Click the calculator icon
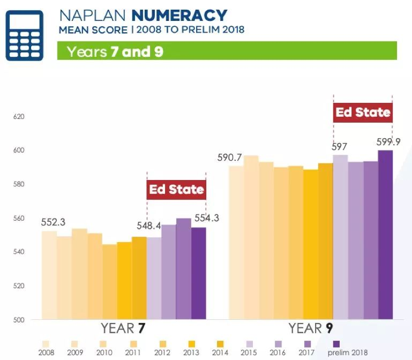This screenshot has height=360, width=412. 24,35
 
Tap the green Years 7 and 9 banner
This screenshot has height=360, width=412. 227,51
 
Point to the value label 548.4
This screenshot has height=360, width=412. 147,224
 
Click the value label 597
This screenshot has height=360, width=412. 340,147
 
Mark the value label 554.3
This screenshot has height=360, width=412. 206,218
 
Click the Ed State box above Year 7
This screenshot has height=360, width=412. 176,190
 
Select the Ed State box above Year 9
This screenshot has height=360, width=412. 363,112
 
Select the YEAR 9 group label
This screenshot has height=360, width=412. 311,328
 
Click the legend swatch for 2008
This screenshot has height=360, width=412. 46,343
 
